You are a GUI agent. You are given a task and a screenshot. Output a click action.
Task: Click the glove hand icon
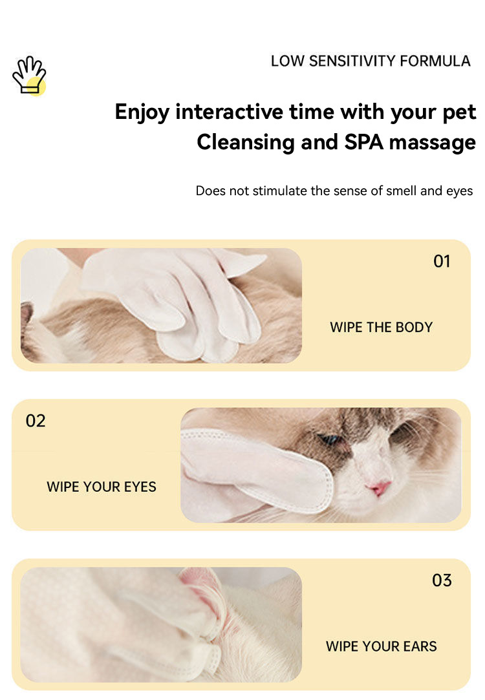[x=29, y=76]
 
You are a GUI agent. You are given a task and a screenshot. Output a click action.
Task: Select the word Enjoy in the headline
[x=142, y=112]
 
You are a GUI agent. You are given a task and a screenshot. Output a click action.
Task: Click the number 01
[x=442, y=262]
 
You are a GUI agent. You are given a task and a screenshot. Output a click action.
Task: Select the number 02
[x=36, y=421]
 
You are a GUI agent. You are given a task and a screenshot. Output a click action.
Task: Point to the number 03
[x=442, y=580]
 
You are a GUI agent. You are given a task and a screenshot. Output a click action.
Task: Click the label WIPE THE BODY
[x=381, y=327]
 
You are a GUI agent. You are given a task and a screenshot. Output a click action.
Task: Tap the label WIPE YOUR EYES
[x=102, y=487]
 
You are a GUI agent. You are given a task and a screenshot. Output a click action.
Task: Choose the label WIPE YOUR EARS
[x=381, y=646]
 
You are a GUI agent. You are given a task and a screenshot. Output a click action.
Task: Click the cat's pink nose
[x=379, y=487]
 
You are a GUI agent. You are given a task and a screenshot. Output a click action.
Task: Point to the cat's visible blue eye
[x=332, y=439]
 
